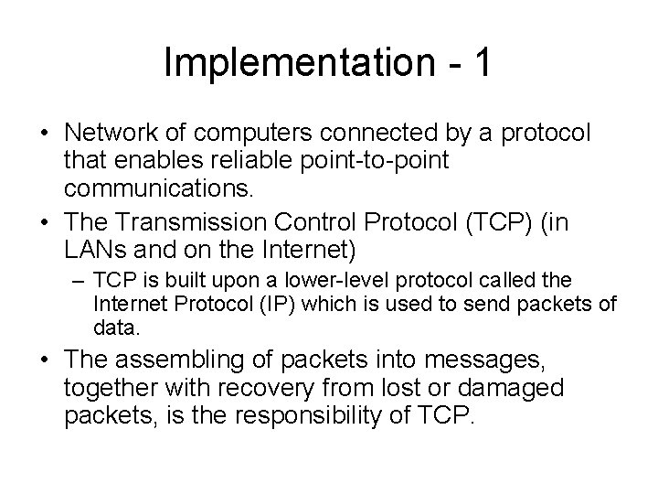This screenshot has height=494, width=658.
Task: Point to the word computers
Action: [x=250, y=134]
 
